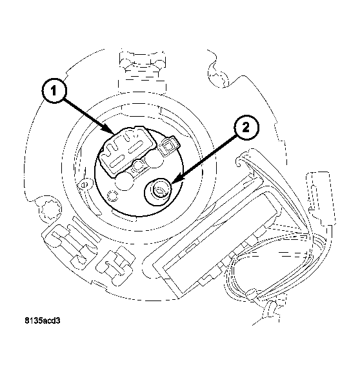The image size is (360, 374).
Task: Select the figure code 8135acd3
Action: tap(47, 319)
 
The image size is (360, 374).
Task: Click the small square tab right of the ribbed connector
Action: tap(170, 146)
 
